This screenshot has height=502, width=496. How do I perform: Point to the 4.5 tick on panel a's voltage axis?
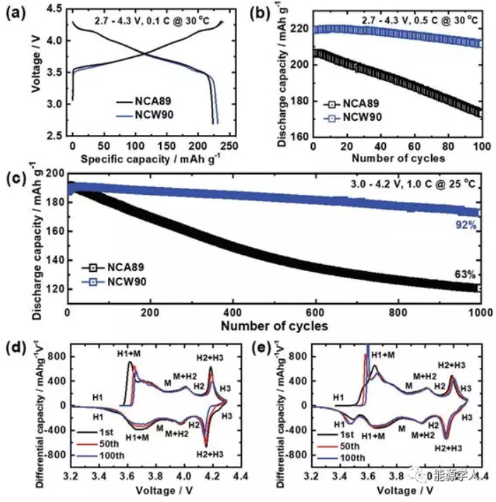coord(56,8)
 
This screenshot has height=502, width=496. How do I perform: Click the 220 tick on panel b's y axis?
coord(300,29)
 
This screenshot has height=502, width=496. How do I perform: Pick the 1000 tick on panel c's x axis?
coord(480,312)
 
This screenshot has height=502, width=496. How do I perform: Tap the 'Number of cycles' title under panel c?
coord(274,326)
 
